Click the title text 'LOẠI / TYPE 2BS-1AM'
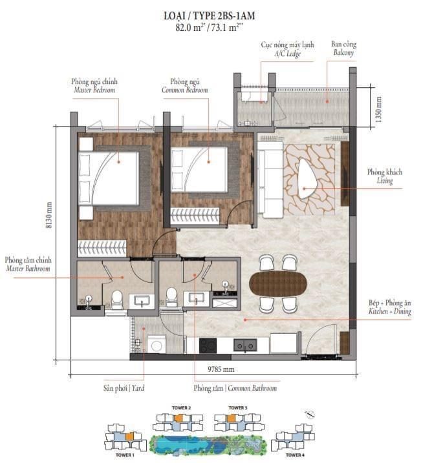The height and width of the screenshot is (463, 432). click(209, 15)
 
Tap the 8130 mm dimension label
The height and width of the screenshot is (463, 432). click(49, 214)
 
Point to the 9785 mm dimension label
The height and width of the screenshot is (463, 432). click(221, 369)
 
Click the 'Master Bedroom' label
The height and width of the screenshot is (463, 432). click(94, 90)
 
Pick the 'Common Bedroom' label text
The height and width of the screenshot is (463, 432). click(185, 90)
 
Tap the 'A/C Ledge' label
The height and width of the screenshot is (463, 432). click(287, 54)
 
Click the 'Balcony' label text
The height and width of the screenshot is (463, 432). click(343, 52)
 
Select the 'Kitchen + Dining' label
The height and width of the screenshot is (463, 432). click(390, 311)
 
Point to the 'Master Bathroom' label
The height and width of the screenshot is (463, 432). click(28, 269)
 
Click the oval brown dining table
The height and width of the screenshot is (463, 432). click(277, 283)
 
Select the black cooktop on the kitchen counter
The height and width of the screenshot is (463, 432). click(208, 345)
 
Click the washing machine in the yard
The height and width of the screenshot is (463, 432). click(157, 344)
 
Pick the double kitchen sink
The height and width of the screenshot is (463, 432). click(245, 345)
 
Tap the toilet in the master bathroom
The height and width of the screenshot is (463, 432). click(117, 300)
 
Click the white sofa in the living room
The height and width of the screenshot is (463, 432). click(270, 180)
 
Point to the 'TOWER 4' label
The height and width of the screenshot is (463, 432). click(295, 455)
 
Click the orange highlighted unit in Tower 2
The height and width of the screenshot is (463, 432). click(178, 418)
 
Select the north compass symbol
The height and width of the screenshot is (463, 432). click(310, 415)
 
